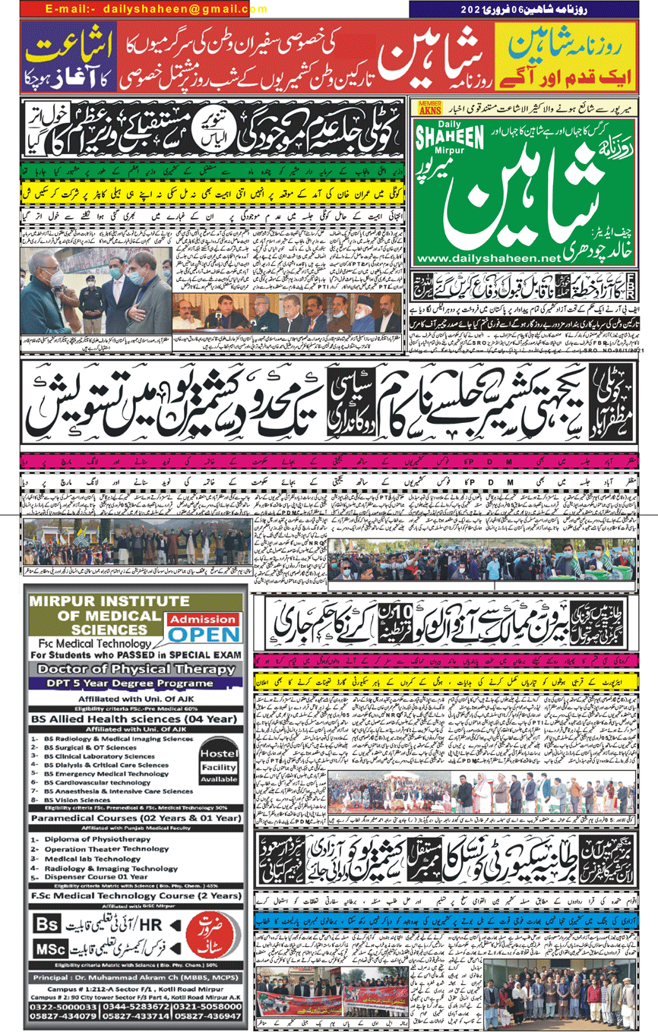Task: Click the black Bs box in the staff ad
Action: tap(48, 926)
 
